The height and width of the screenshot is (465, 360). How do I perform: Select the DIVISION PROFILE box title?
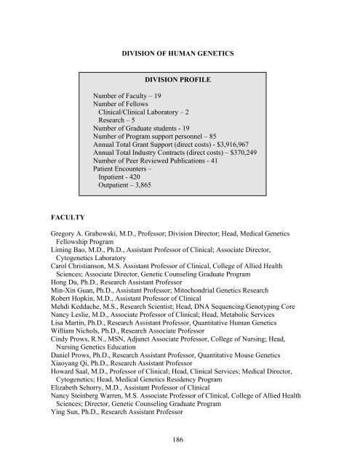(180, 81)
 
